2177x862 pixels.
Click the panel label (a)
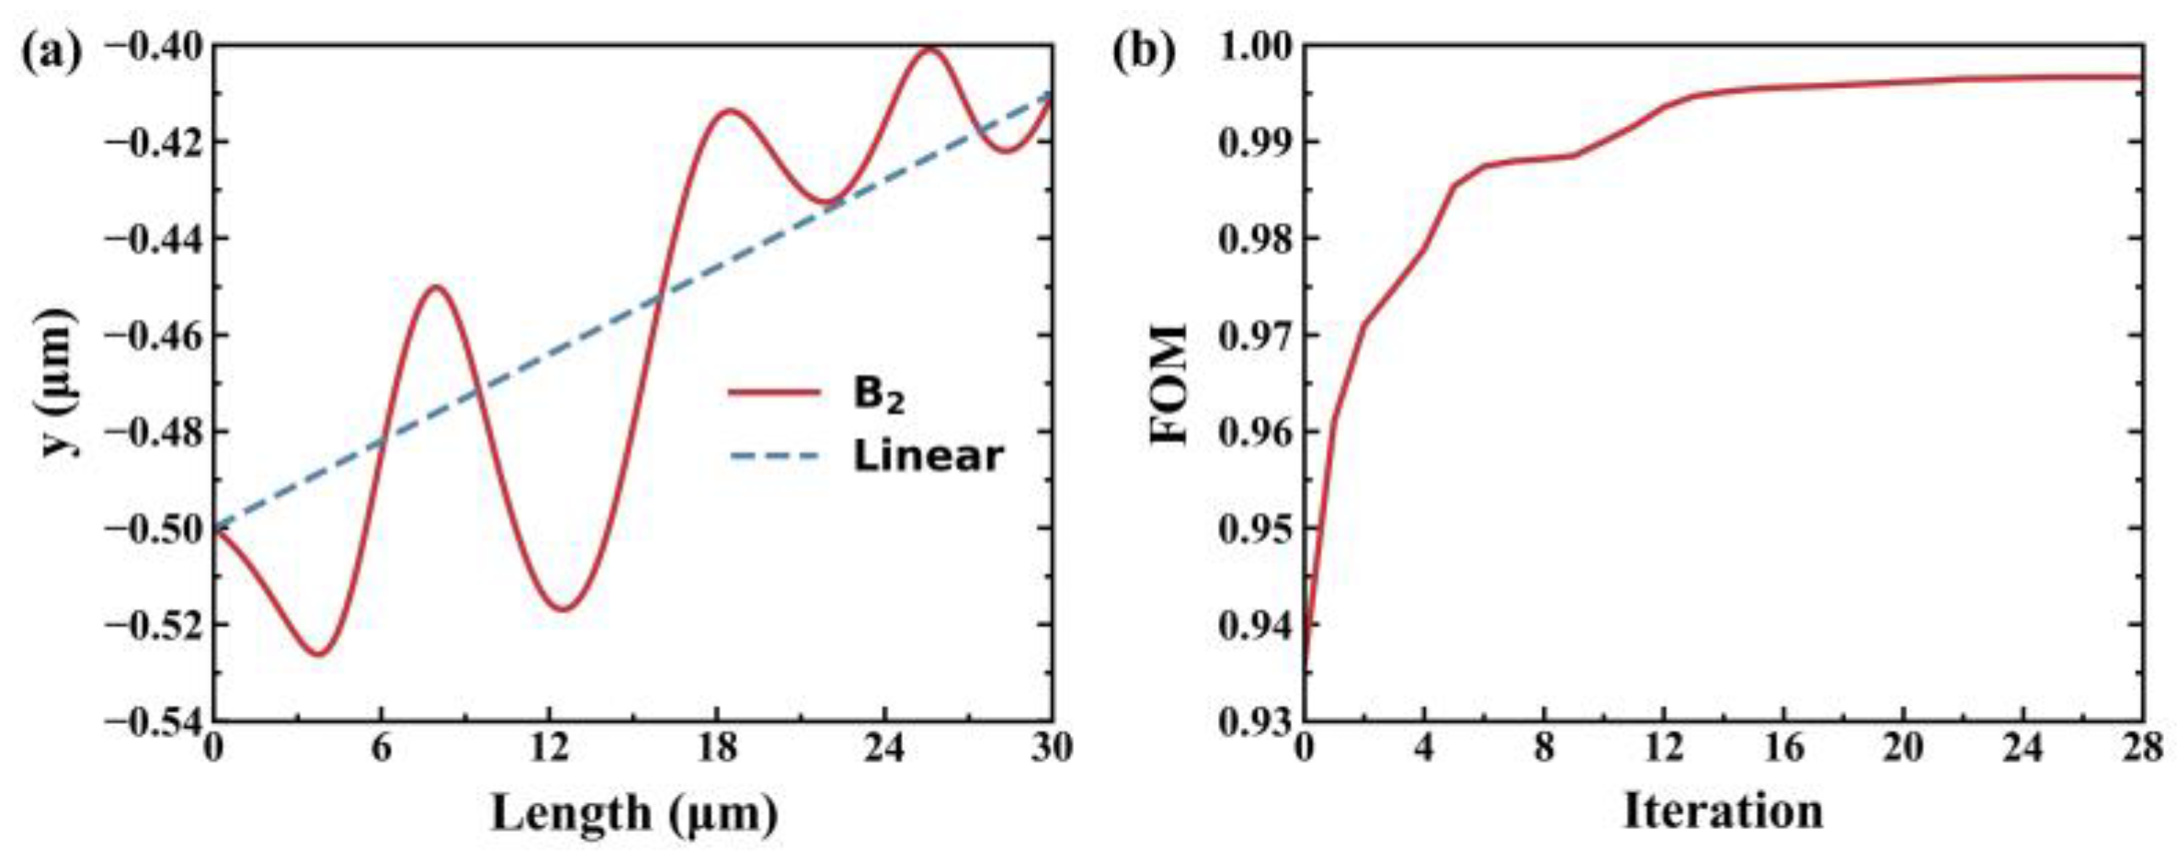51,52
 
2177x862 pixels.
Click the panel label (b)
1144,52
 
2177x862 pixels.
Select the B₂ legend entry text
879,394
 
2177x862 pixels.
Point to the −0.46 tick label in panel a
151,335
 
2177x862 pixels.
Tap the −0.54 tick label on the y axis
151,722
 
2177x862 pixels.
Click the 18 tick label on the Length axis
716,749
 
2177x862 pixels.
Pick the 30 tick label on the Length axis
1051,749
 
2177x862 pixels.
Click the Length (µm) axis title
634,813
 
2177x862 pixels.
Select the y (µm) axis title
58,382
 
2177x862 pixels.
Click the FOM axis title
1170,384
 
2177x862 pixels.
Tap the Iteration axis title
1723,811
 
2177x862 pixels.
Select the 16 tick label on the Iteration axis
1783,749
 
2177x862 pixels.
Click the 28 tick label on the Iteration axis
2141,749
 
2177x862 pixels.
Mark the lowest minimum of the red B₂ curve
319,654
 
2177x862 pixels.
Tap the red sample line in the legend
774,393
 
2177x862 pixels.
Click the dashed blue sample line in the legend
774,456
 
